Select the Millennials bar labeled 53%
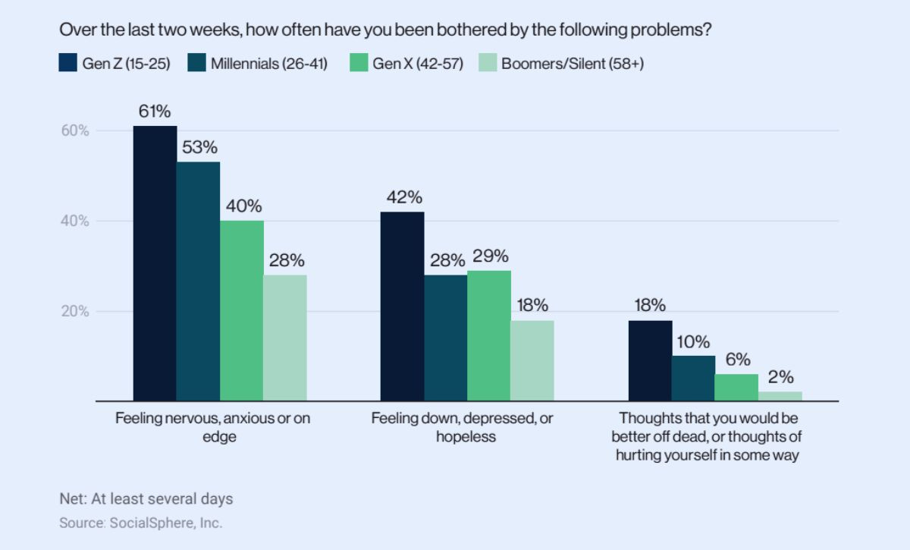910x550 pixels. (x=198, y=281)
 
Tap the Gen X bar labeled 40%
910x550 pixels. (x=242, y=310)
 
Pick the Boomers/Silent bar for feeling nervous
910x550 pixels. (x=285, y=338)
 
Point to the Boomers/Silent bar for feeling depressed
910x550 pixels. (x=532, y=360)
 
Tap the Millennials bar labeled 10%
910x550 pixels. (x=693, y=378)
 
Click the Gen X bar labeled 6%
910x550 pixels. (x=736, y=387)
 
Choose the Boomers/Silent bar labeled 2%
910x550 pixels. (x=780, y=396)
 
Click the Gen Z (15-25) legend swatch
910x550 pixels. (x=68, y=63)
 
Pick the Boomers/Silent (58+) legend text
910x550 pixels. (x=573, y=64)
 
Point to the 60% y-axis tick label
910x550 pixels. (x=75, y=130)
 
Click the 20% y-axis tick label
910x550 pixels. (x=75, y=312)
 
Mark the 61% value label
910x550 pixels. (x=154, y=111)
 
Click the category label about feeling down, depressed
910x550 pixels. (x=462, y=427)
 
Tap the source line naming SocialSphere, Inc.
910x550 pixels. (x=141, y=523)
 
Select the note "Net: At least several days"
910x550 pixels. (x=146, y=499)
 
